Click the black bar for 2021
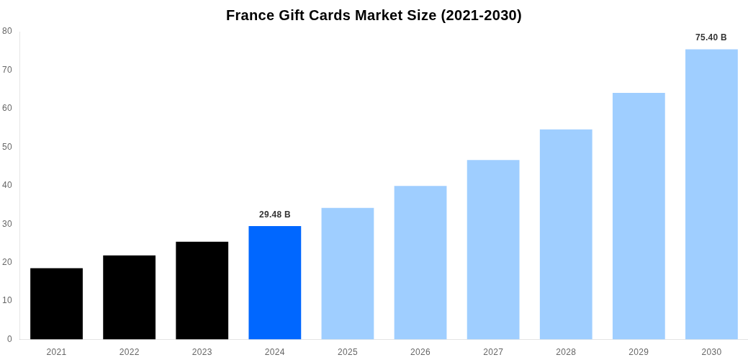tap(56, 303)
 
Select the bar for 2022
tap(129, 297)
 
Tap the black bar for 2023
tap(202, 290)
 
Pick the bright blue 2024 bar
tap(274, 282)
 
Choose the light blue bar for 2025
tap(347, 274)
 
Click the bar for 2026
tap(420, 262)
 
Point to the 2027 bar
tap(492, 249)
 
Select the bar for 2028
tap(565, 234)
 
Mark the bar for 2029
tap(638, 216)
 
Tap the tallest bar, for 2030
tap(711, 194)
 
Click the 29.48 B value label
tap(274, 215)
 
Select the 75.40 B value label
tap(711, 37)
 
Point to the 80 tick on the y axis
tap(7, 31)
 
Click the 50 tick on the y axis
tap(7, 147)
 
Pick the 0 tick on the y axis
tap(9, 339)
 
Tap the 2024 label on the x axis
tap(274, 352)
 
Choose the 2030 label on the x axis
tap(711, 352)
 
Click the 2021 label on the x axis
tap(56, 352)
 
